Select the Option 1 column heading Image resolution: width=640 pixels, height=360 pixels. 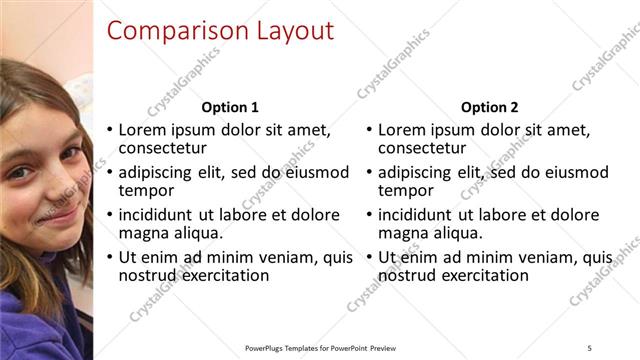230,107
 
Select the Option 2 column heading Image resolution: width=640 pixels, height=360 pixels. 489,107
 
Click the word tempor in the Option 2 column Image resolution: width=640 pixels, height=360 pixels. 406,190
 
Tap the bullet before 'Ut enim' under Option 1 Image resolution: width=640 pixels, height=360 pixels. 110,258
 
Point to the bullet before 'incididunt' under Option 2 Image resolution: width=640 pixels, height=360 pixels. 369,215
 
